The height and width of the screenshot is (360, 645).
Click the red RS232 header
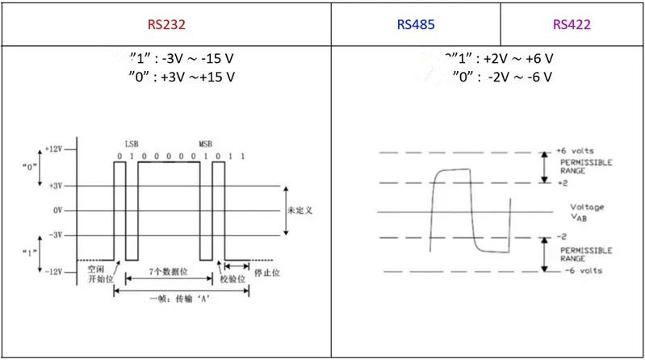point(166,24)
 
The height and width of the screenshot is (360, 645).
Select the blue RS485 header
point(416,24)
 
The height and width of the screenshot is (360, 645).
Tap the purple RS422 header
point(572,24)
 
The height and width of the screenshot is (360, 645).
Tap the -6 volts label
point(575,271)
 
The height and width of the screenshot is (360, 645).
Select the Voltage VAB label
point(586,211)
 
